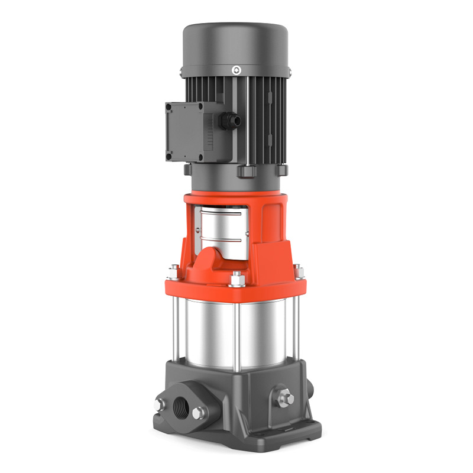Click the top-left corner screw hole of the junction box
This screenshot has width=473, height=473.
(169, 108)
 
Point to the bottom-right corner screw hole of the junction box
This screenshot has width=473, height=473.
(200, 157)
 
